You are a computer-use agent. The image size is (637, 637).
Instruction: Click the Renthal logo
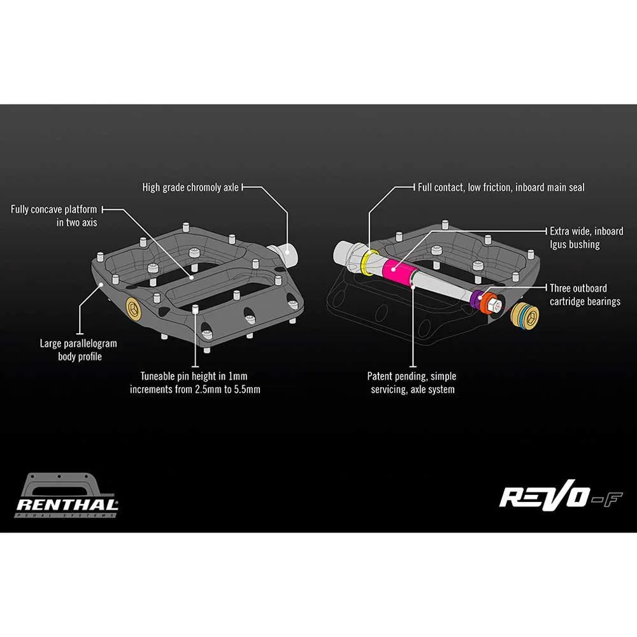[x=67, y=495]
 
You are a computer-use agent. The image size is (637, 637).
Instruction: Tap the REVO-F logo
[x=561, y=494]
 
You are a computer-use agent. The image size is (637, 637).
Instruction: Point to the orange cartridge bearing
[x=487, y=302]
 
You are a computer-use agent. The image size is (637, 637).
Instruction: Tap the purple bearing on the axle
[x=475, y=300]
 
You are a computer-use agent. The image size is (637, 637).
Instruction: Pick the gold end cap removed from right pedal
[x=524, y=316]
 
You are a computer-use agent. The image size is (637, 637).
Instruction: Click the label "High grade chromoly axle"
[x=190, y=187]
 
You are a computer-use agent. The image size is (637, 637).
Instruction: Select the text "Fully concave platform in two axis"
[x=54, y=216]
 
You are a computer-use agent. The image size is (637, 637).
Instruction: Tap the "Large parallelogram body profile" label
[x=78, y=350]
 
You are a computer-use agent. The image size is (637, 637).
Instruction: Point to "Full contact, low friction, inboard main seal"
[x=501, y=187]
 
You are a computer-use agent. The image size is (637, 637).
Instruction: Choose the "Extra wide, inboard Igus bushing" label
[x=587, y=238]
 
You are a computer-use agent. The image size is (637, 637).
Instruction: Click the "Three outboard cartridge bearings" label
[x=585, y=294]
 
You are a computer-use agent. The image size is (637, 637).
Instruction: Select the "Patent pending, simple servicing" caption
[x=412, y=383]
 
